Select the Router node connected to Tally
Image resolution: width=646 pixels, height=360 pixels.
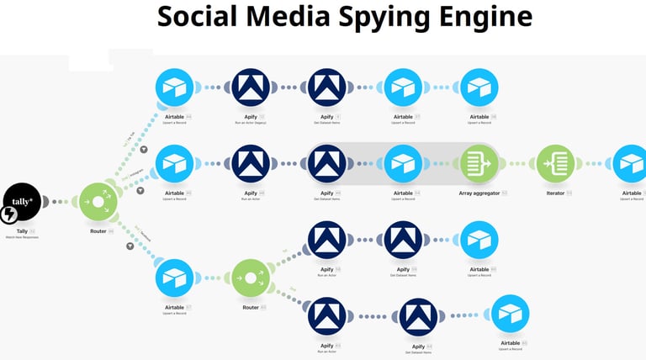click(x=98, y=203)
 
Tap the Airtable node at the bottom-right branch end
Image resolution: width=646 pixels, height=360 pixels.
click(x=511, y=314)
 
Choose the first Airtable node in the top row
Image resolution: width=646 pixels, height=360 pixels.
click(x=175, y=87)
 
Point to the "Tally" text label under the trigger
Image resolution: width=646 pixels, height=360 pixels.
click(x=22, y=230)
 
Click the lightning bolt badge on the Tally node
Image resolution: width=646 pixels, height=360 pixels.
click(x=9, y=215)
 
